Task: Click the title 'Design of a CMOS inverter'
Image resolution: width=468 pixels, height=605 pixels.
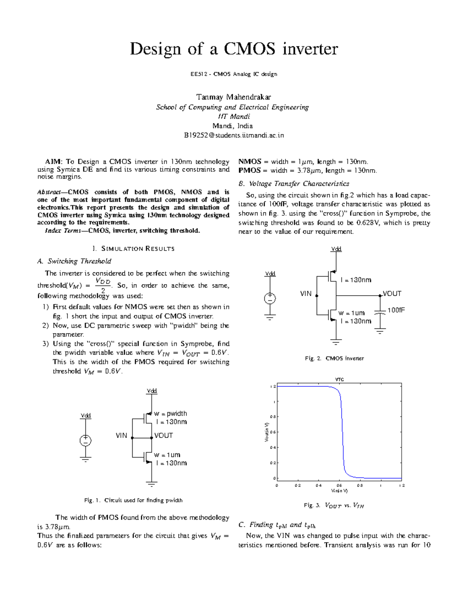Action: tap(234, 49)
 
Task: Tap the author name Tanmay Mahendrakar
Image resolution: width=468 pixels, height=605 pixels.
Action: tap(233, 97)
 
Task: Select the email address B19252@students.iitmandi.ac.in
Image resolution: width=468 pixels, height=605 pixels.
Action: tap(234, 135)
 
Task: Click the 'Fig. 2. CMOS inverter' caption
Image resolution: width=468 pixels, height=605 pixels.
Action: tap(334, 358)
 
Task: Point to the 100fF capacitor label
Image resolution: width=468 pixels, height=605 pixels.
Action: tap(396, 310)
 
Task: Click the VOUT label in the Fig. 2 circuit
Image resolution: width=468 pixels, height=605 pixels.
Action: tap(392, 294)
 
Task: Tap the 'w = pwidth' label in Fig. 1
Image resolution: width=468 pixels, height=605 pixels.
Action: tap(170, 413)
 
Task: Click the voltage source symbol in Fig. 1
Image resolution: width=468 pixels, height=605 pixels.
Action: tap(85, 441)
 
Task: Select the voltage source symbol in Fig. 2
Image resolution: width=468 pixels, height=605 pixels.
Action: tap(269, 299)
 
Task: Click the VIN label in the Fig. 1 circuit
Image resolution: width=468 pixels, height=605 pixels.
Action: tap(121, 436)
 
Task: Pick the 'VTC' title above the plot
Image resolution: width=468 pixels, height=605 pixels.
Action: tap(339, 379)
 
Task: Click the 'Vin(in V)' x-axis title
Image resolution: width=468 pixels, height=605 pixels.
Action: tap(339, 491)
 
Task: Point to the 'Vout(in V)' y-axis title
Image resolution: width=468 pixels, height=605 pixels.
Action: tap(267, 432)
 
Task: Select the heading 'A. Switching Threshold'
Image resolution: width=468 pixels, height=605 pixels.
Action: tap(74, 261)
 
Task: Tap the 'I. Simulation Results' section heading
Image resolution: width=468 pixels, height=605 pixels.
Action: tap(133, 249)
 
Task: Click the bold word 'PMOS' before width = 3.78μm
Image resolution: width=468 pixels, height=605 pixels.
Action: tap(249, 171)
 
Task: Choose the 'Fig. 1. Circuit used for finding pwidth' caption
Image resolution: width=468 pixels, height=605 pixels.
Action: tap(133, 500)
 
